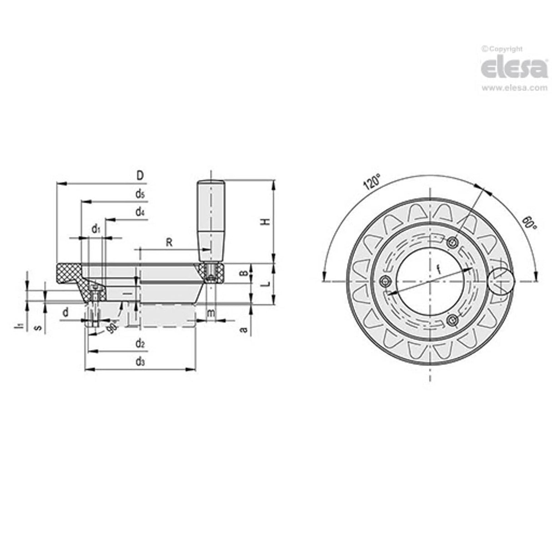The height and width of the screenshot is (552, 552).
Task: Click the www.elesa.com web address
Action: [514, 88]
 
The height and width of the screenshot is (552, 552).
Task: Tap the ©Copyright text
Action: [502, 49]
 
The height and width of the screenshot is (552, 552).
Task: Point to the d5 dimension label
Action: [140, 194]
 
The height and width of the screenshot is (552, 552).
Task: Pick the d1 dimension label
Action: [96, 229]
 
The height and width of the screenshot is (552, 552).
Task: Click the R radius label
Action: [169, 242]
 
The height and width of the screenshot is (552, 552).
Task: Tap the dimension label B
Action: [243, 273]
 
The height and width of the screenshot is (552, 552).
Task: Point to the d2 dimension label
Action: [140, 344]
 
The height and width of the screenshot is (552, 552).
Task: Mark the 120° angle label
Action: [371, 183]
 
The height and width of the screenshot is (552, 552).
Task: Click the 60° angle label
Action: [527, 222]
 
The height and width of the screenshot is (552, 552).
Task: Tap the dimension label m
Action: [211, 313]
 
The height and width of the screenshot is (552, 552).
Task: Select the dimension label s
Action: [39, 326]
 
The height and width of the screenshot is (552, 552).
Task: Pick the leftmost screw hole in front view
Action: [386, 282]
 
